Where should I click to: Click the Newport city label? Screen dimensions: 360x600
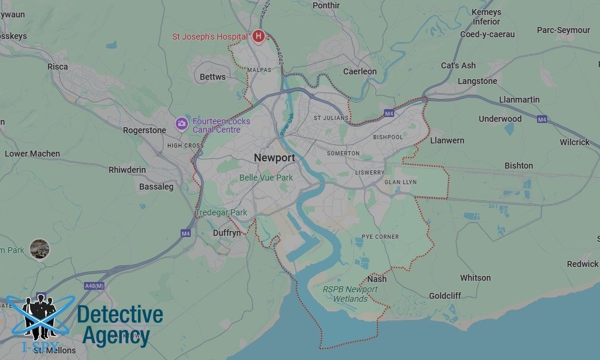coord(274,158)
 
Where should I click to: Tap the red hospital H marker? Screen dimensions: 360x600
coord(259,37)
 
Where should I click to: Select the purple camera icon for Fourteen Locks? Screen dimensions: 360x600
coord(181,124)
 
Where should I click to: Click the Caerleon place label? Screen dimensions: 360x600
coord(360,71)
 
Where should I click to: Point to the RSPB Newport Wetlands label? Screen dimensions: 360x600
coord(350,294)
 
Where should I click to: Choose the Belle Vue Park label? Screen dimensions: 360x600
coord(266,178)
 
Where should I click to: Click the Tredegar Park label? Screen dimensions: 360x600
coord(221,212)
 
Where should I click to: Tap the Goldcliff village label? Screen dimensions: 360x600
coord(445,296)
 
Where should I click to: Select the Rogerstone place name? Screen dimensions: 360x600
coord(145,130)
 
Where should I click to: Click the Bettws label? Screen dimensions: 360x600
coord(212,77)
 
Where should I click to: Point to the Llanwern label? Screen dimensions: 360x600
coord(447,140)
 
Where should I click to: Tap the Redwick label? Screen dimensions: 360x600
coord(583,264)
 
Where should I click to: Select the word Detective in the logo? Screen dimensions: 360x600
coord(120,314)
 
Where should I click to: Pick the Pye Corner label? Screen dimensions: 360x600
coord(380,237)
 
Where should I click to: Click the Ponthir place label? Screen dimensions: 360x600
coord(326,5)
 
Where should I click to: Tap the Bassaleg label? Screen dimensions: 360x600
coord(156,187)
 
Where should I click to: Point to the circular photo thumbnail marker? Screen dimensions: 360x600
coord(40,248)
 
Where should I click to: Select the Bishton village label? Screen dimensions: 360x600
coord(518,166)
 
